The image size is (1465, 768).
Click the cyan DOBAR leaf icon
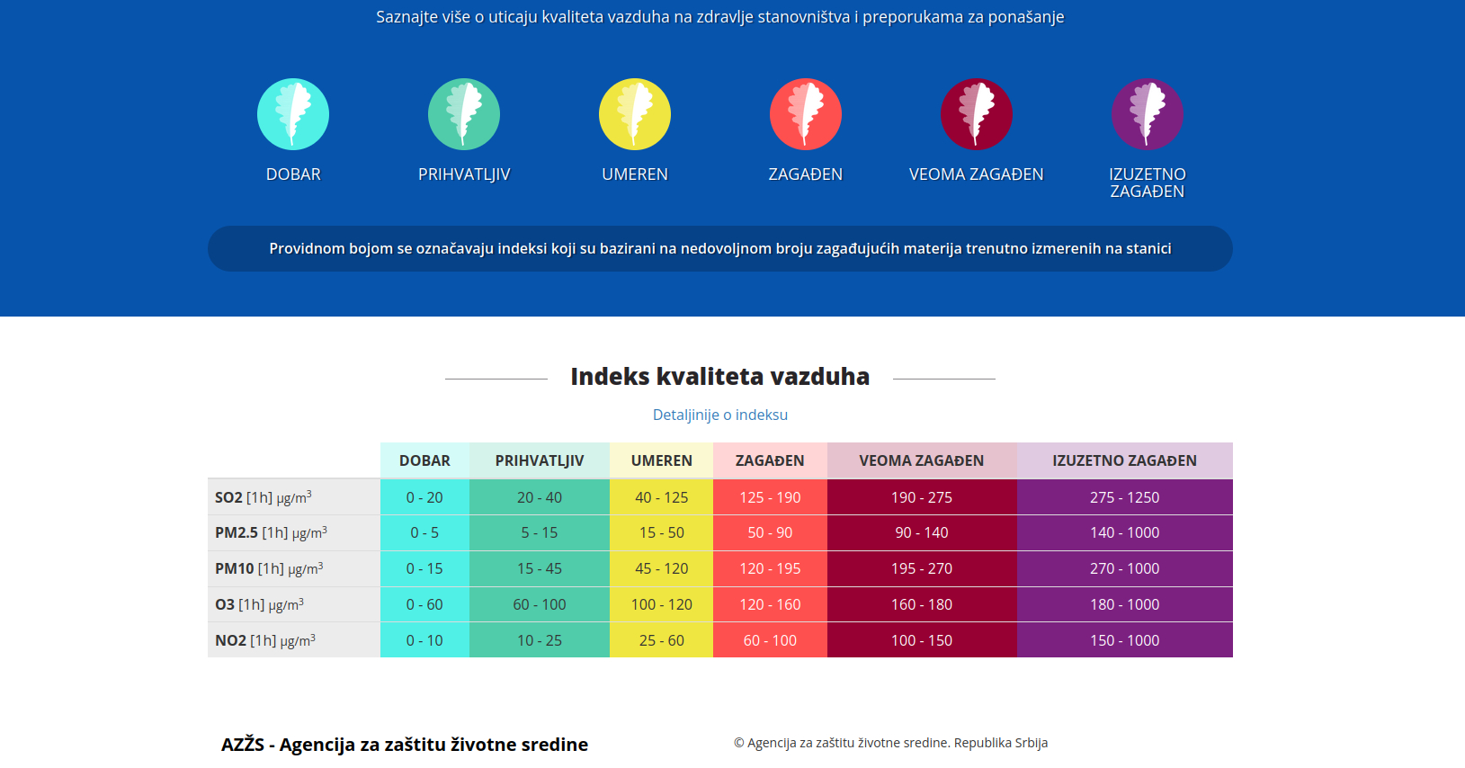tap(293, 114)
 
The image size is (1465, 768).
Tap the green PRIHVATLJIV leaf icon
tap(464, 114)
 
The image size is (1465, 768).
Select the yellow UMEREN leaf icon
tap(635, 114)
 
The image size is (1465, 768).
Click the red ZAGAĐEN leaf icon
tap(806, 114)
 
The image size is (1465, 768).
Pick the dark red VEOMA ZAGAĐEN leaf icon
tap(977, 114)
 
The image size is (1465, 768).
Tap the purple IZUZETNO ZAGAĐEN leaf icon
tap(1148, 114)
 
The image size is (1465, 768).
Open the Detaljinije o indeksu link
tap(719, 415)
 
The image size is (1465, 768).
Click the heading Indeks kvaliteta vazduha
tap(719, 376)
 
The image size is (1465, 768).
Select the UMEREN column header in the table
tap(661, 460)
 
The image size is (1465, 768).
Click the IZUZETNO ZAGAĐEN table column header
tap(1124, 460)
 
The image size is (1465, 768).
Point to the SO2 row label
tap(264, 497)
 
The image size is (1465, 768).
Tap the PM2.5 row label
tap(271, 532)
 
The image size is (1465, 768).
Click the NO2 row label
tap(265, 640)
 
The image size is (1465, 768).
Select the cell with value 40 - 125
tap(661, 497)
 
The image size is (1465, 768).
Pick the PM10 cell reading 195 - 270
tap(921, 568)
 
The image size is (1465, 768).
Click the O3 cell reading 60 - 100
tap(539, 604)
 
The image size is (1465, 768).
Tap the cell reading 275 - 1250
tap(1124, 497)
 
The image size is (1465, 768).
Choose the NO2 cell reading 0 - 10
tap(424, 640)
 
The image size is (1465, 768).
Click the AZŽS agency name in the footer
tap(405, 745)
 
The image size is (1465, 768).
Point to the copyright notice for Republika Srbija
tap(890, 743)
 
